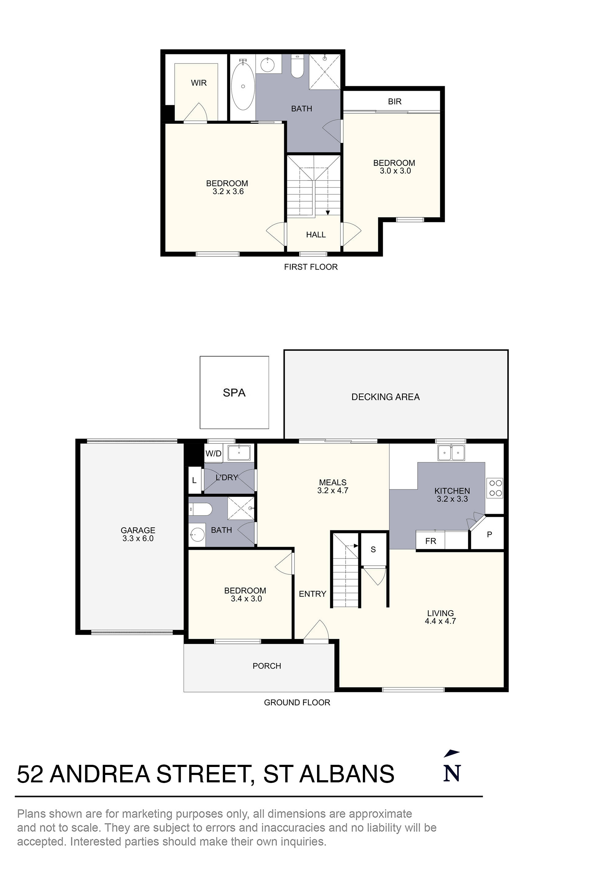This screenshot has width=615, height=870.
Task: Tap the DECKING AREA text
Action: coord(385,397)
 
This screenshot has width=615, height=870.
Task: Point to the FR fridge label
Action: coord(430,541)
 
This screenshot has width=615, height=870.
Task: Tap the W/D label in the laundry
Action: coord(213,454)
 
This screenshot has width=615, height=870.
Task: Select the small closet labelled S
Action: coord(373,550)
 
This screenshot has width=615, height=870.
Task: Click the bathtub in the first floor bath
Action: coord(243,86)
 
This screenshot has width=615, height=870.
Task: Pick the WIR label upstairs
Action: coord(199,83)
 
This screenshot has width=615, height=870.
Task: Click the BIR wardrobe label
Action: coord(395,101)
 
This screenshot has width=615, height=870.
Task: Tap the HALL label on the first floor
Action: coord(315,235)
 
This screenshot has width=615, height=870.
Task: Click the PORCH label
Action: coord(267,666)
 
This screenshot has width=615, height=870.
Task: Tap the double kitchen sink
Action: coord(451,452)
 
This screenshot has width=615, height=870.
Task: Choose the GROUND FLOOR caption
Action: coord(297,702)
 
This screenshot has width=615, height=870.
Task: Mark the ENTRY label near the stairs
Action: coord(312,594)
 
